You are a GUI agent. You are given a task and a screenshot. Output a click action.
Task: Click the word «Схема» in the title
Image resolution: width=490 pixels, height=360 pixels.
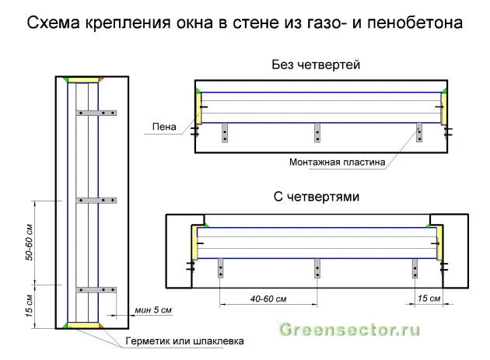[54, 23]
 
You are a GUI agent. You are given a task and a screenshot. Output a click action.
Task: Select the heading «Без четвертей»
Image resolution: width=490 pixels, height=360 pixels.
[316, 65]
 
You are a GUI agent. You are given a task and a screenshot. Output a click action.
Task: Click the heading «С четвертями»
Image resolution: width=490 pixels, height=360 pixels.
[317, 197]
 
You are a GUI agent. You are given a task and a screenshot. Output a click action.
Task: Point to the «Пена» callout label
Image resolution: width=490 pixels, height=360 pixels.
[164, 127]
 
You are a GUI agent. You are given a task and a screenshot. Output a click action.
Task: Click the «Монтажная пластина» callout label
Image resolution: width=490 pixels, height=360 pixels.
[337, 163]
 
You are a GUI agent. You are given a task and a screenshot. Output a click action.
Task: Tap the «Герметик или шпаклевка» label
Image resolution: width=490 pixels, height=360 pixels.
[184, 341]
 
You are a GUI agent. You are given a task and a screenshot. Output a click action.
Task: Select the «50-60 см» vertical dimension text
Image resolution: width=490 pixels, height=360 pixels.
[29, 242]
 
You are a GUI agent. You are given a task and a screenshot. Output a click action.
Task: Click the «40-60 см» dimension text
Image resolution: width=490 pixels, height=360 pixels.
[268, 299]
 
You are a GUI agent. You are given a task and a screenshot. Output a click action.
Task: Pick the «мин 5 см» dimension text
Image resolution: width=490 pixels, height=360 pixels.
[153, 310]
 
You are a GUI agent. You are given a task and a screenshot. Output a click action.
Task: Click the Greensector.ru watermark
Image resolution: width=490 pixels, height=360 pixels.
[349, 330]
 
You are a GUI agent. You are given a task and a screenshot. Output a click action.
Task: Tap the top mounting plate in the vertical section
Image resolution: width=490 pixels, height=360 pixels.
[96, 113]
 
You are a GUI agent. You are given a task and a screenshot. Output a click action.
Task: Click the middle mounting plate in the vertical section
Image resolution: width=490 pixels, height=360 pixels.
[96, 201]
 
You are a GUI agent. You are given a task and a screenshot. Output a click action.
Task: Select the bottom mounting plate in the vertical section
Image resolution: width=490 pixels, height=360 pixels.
[96, 290]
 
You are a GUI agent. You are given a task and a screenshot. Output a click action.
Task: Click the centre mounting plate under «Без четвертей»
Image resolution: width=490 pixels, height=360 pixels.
[317, 133]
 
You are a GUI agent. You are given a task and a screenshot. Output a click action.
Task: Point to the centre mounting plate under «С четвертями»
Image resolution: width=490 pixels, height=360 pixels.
[317, 268]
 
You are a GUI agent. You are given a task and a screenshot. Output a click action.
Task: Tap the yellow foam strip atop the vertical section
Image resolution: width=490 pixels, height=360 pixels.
[83, 80]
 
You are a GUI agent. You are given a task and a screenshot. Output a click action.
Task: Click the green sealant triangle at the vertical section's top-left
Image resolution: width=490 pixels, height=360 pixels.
[65, 79]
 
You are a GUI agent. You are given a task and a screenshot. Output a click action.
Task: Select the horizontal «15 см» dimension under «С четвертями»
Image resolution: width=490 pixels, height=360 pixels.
[429, 299]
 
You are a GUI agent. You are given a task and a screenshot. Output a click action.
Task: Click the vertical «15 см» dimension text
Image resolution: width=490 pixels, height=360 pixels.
[29, 306]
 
